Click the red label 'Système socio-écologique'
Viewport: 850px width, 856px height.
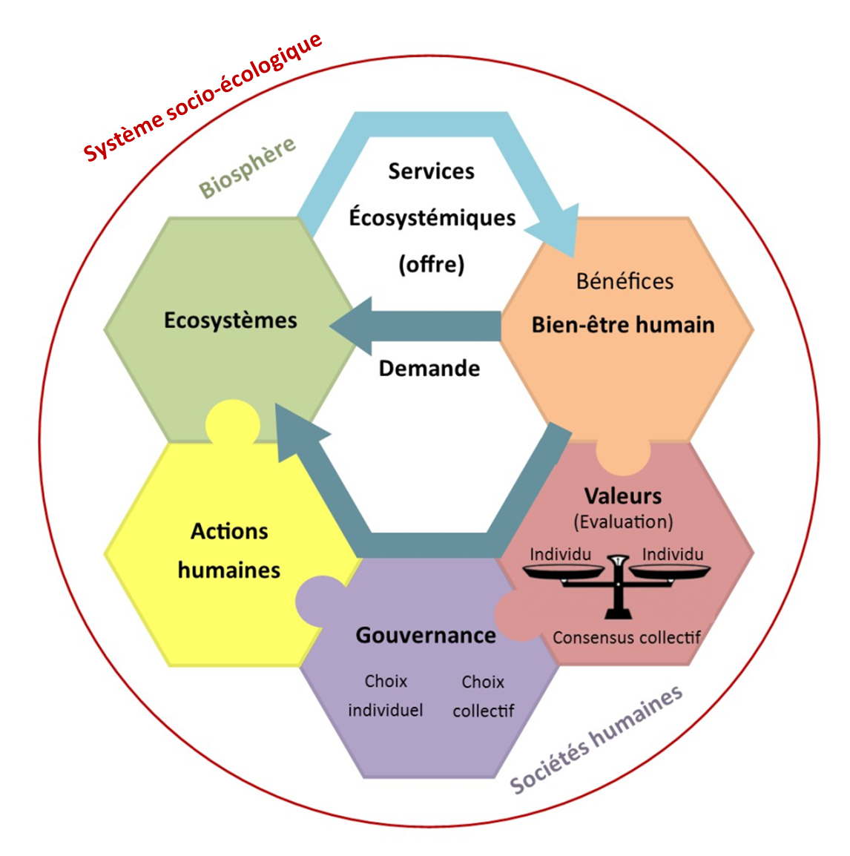coord(202,96)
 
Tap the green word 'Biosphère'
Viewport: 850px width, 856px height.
coord(247,167)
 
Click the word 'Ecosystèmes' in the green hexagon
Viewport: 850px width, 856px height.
coord(231,320)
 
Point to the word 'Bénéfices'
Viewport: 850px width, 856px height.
coord(625,281)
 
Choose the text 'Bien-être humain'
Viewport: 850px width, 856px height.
coord(623,325)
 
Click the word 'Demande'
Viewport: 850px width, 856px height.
coord(429,368)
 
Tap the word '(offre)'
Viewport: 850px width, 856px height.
coord(431,264)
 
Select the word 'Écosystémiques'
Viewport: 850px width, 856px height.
coord(432,217)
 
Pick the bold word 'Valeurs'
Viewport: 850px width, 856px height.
coord(623,496)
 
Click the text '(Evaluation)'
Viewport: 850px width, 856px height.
coord(623,521)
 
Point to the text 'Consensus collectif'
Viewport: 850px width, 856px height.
coord(627,637)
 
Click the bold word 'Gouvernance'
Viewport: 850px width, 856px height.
coord(426,635)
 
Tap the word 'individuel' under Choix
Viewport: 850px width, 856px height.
coord(386,710)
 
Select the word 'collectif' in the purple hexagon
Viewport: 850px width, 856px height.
coord(484,711)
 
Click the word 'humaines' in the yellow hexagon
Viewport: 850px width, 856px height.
coord(229,570)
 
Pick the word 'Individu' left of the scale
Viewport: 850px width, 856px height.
coord(561,554)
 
